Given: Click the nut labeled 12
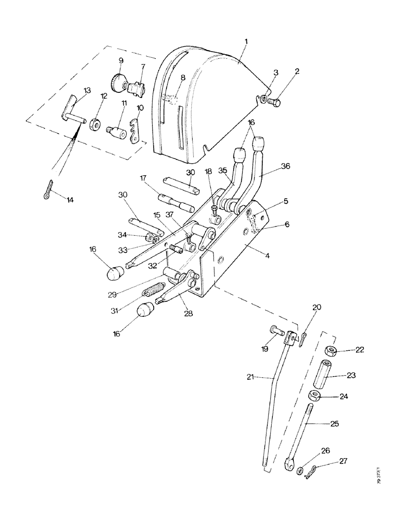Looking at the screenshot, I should tap(95, 124).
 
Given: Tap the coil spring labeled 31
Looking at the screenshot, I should tap(154, 291).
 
